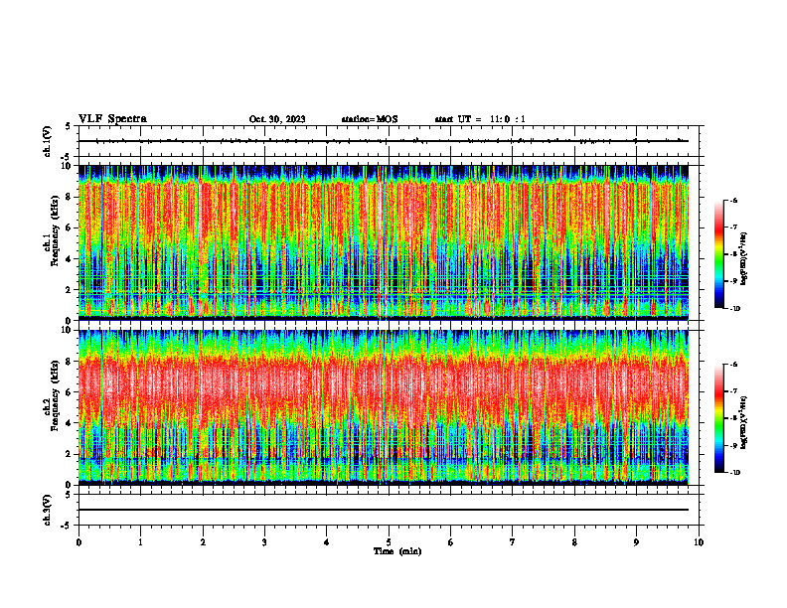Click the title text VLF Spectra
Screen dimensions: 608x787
112,118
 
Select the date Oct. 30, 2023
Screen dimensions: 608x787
277,119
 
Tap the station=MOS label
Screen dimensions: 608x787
369,119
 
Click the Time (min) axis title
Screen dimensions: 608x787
396,550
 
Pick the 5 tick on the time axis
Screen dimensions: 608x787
389,541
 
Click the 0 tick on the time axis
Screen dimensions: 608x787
79,541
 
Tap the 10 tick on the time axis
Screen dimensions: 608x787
699,541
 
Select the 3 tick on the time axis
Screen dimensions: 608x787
264,541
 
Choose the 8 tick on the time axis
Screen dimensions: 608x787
574,541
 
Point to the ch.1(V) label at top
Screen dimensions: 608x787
48,142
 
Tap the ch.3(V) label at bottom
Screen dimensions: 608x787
48,510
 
